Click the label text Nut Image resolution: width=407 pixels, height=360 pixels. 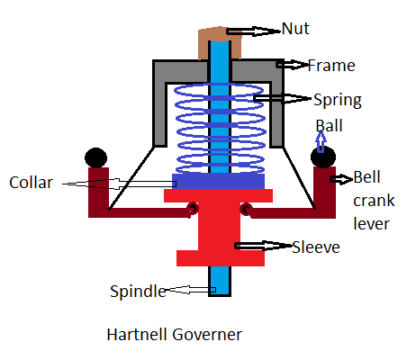tap(295, 29)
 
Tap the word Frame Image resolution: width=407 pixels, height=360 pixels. tap(331, 66)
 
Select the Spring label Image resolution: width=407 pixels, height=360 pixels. tap(338, 100)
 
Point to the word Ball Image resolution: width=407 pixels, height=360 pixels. tap(329, 126)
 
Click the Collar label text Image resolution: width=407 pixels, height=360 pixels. tap(32, 183)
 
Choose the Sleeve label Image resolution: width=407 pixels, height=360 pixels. tap(316, 247)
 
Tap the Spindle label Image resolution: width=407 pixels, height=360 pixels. tap(138, 292)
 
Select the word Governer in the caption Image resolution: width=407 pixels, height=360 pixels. tap(207, 334)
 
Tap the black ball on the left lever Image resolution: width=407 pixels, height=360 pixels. tap(96, 157)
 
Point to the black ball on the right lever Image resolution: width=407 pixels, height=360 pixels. tap(323, 157)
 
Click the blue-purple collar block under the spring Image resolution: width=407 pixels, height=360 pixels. tap(218, 181)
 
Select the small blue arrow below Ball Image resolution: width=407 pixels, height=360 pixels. tap(321, 142)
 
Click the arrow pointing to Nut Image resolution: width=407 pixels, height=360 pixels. tap(254, 31)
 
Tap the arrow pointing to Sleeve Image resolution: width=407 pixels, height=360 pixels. tap(264, 246)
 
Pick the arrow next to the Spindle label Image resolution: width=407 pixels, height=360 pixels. tap(190, 290)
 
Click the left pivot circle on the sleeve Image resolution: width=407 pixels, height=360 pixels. tap(193, 208)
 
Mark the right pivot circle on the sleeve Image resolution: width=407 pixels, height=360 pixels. tap(246, 209)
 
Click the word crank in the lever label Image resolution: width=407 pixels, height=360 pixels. tap(374, 201)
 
